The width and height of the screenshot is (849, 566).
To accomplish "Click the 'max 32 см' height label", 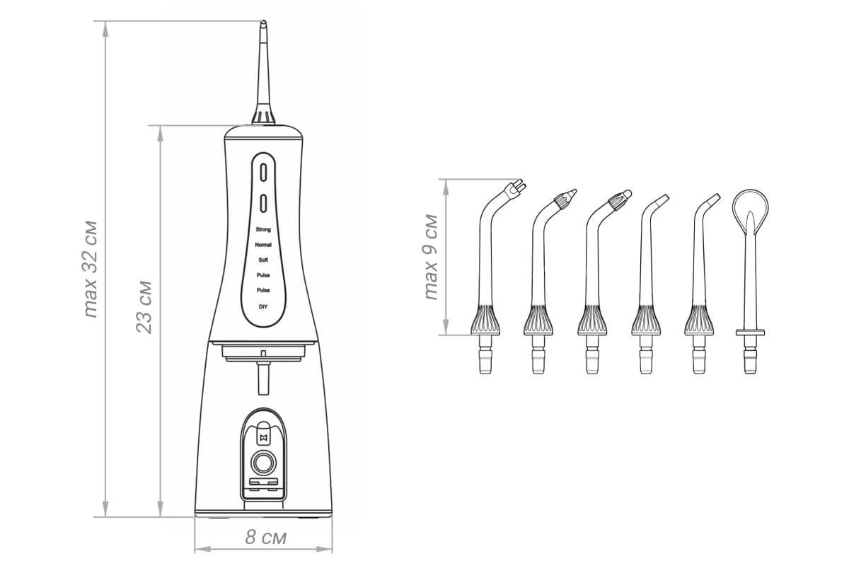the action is (91, 269).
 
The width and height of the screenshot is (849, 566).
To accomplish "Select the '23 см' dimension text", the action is (144, 307).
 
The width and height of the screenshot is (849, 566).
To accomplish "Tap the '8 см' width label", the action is (266, 537).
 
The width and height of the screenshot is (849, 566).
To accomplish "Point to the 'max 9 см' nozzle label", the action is (431, 258).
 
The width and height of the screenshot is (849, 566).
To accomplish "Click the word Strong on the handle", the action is (263, 229).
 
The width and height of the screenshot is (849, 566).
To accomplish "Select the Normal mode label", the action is (263, 245).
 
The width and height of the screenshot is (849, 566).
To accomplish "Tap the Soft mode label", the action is (263, 260).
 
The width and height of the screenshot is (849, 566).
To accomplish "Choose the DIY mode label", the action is (263, 306).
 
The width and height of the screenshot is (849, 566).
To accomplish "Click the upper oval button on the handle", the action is (263, 172).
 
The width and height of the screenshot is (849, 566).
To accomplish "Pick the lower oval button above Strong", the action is (263, 203).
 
